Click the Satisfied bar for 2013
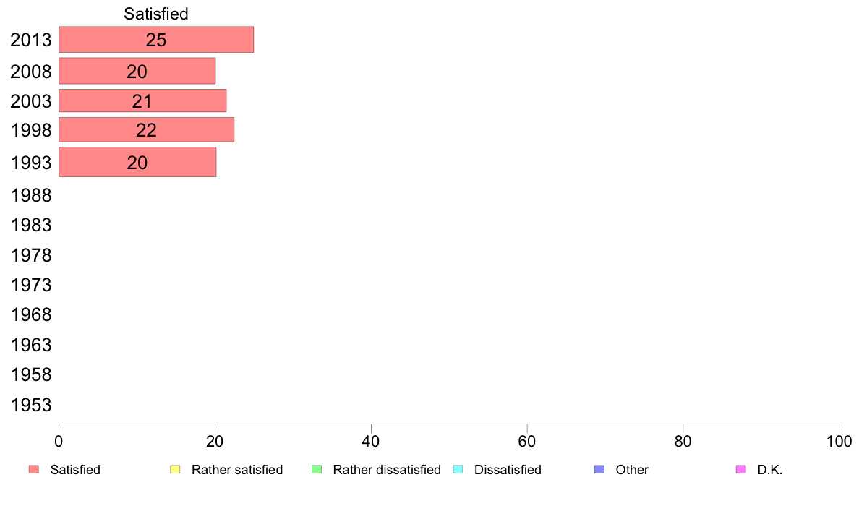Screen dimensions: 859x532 (x=156, y=40)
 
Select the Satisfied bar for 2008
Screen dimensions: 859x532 (x=137, y=71)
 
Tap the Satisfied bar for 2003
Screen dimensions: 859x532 (x=142, y=100)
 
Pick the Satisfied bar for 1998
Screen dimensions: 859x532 (x=146, y=129)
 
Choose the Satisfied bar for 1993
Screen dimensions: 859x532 (x=137, y=162)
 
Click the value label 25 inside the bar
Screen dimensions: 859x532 (x=156, y=40)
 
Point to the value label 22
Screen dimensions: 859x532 (x=146, y=130)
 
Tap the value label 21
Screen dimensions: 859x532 (x=142, y=101)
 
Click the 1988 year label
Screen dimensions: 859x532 (x=31, y=196)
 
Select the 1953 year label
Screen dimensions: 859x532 (x=31, y=405)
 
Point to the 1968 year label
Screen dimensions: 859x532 (x=31, y=315)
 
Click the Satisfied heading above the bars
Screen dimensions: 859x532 (x=156, y=14)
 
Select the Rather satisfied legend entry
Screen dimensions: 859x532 (x=226, y=470)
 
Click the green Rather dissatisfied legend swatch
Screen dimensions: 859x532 (x=317, y=470)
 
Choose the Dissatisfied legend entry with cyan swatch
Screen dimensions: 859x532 (x=497, y=470)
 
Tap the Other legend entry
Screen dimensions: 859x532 (x=621, y=470)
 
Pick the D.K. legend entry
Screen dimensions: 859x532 (x=759, y=470)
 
